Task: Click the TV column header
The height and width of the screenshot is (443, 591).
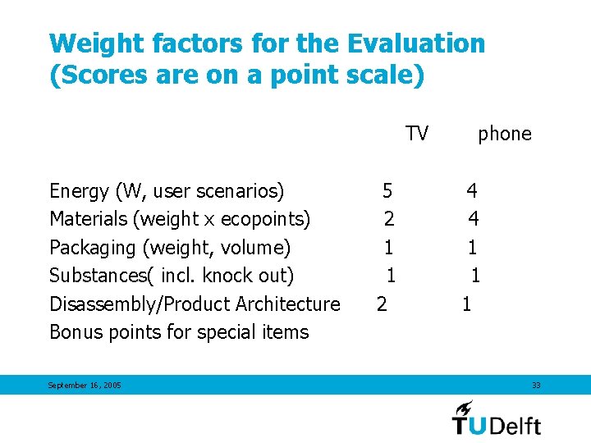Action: click(x=417, y=134)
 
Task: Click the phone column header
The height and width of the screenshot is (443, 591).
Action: click(x=504, y=134)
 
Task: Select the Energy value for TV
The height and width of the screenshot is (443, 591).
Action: click(x=387, y=191)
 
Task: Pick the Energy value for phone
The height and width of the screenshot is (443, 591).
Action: click(x=472, y=191)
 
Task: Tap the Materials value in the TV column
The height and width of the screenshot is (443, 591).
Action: click(x=389, y=219)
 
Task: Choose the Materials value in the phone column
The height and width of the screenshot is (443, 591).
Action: click(x=474, y=219)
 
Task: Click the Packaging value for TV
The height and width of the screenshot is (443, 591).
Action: click(x=389, y=247)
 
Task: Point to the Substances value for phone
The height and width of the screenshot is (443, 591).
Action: click(x=475, y=276)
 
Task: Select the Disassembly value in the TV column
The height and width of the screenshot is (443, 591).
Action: click(x=382, y=304)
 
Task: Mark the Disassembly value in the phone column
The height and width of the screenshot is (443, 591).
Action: click(x=466, y=304)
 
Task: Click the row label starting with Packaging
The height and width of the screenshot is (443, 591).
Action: click(x=170, y=248)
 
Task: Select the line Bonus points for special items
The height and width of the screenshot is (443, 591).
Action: click(x=179, y=332)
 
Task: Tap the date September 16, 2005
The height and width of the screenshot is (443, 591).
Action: click(x=85, y=386)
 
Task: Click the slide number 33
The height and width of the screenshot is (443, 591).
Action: click(x=535, y=385)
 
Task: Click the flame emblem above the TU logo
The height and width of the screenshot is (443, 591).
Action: click(x=465, y=407)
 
